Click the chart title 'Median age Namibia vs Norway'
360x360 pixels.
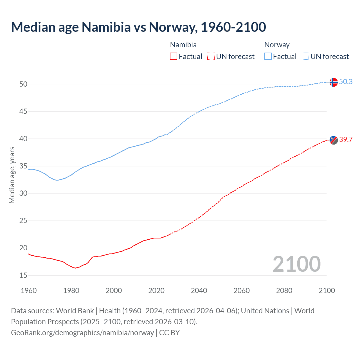[x=138, y=27]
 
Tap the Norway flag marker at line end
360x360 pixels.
[x=333, y=82]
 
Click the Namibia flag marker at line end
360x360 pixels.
[x=333, y=140]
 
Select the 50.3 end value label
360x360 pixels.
[x=346, y=82]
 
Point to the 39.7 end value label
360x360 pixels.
[x=346, y=139]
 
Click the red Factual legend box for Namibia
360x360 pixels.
[x=174, y=57]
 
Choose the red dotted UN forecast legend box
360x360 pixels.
[x=211, y=57]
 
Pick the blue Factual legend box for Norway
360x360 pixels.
[x=268, y=57]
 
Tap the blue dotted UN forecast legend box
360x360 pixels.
[x=305, y=57]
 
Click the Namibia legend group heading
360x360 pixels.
[x=183, y=45]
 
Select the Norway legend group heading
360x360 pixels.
[x=277, y=45]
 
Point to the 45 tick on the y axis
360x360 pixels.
[x=23, y=112]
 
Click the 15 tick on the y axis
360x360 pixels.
[x=23, y=276]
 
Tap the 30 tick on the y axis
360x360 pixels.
[x=23, y=193]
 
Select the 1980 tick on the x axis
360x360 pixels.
[x=71, y=291]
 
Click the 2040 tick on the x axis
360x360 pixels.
[x=199, y=291]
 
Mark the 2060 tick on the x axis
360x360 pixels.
[x=242, y=291]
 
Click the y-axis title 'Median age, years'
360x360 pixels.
[x=12, y=175]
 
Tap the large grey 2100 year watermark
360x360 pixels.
[x=296, y=264]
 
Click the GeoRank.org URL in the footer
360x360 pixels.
[x=82, y=333]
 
